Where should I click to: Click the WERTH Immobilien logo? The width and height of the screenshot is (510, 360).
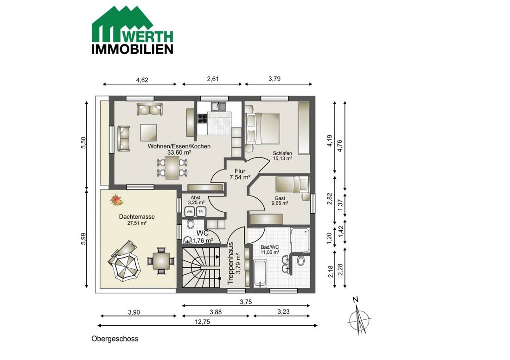pos(133,30)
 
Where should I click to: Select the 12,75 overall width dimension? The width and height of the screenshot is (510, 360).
pos(202,322)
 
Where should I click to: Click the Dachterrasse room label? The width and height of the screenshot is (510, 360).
pos(137,217)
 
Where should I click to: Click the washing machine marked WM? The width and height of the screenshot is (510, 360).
pos(190,212)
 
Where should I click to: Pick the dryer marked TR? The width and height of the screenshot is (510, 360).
pos(201,212)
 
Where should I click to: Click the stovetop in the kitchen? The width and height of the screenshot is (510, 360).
pos(202,118)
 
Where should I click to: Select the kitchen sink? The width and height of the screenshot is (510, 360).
pos(218,106)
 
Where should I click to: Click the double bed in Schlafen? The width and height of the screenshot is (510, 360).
pos(262,128)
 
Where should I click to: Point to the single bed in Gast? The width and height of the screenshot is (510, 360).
pos(292,184)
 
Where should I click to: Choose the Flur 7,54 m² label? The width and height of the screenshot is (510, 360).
pos(240,174)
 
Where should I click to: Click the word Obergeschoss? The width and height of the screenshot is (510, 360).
pos(115,339)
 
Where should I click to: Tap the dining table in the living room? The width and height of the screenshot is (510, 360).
pos(172,168)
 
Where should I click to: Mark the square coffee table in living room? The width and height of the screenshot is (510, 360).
pos(149,133)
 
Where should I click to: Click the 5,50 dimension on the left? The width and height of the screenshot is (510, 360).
pos(83,143)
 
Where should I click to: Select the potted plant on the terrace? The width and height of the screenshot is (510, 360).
pos(116,200)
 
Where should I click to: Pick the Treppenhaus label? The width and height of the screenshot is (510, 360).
pos(230,263)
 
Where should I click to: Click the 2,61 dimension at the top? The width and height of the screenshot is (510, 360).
pos(213,79)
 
